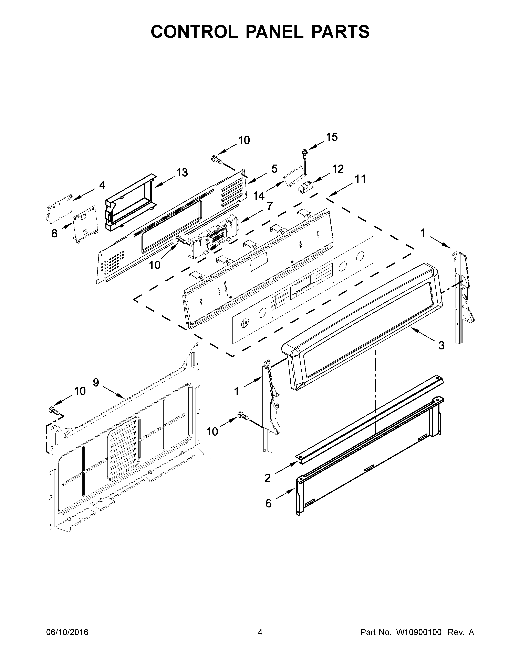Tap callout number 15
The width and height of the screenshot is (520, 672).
click(332, 137)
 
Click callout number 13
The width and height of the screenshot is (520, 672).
click(182, 173)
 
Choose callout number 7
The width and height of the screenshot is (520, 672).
click(270, 206)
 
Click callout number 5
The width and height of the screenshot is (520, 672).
click(274, 169)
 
